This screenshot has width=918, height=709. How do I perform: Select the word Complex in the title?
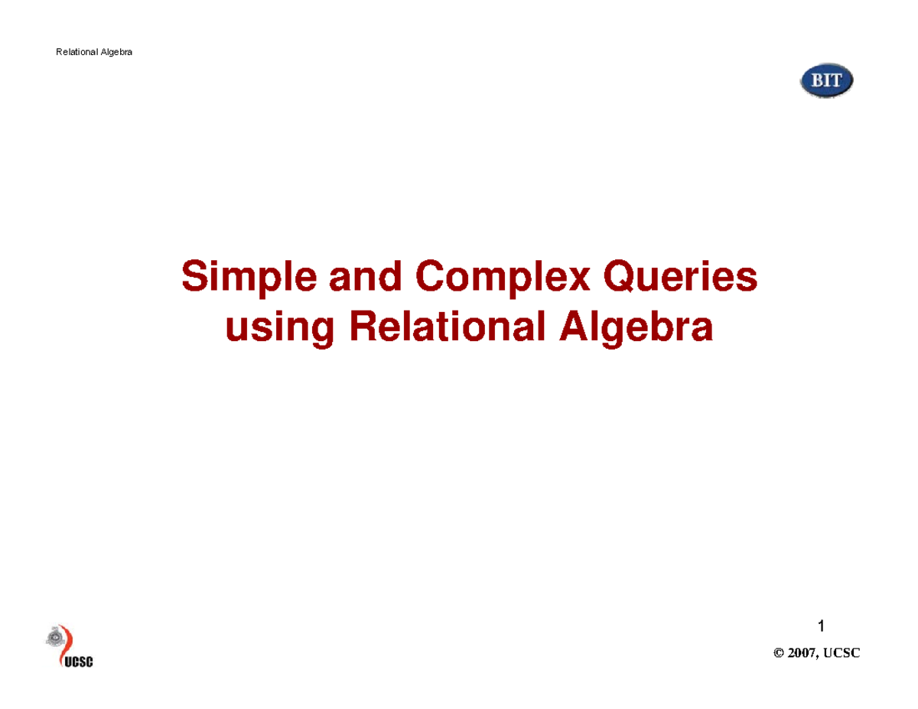[x=503, y=278]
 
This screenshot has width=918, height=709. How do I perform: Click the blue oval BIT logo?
[x=826, y=81]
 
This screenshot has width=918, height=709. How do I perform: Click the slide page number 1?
[x=821, y=627]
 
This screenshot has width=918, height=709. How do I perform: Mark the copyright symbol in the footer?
[x=779, y=652]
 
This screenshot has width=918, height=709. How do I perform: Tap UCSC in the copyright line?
[x=843, y=652]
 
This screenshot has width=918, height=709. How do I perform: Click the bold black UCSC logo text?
[x=76, y=662]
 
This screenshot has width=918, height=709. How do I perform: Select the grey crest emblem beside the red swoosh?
[x=54, y=636]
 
